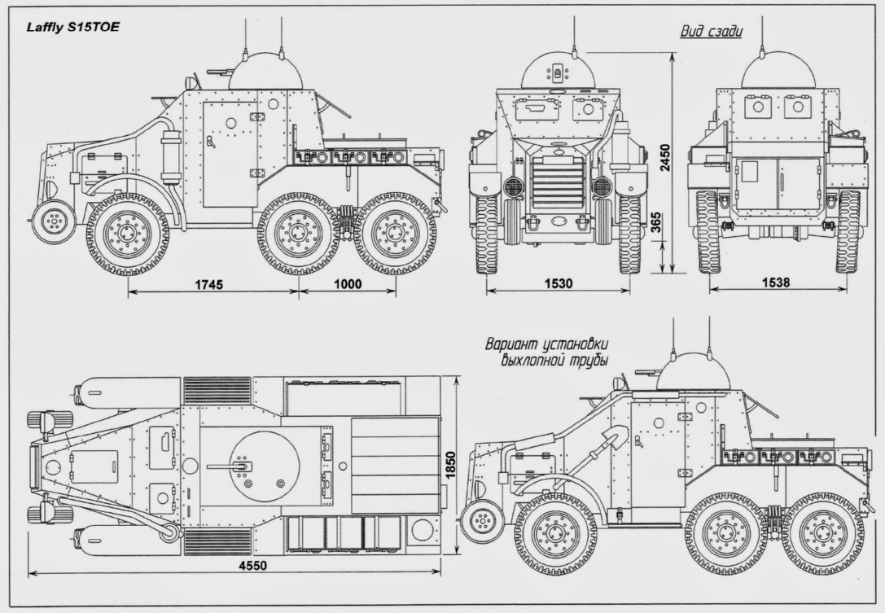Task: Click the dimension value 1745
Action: pos(209,284)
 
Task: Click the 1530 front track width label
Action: pos(558,284)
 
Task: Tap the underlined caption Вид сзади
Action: pos(712,33)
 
